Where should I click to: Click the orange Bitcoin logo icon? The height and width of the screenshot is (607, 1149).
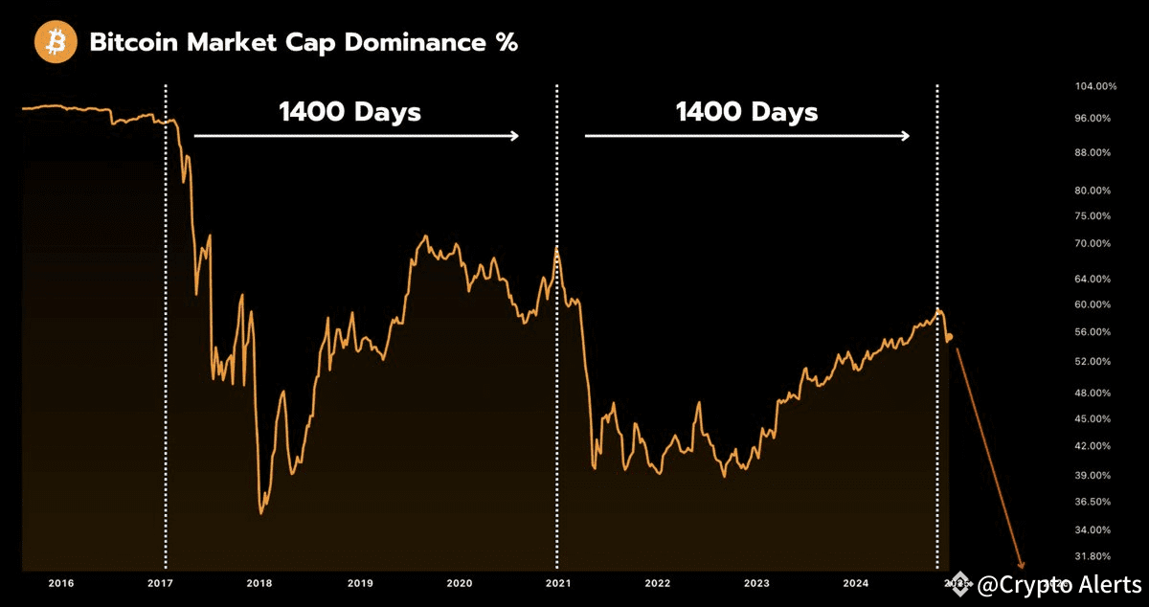(x=56, y=43)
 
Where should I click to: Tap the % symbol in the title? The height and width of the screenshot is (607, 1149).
(x=507, y=43)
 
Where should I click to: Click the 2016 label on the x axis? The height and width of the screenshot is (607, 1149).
(x=60, y=583)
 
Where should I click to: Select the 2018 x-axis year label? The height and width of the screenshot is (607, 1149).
(x=259, y=583)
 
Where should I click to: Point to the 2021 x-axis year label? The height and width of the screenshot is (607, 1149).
(x=556, y=583)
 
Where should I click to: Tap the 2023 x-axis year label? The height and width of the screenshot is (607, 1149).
(x=756, y=583)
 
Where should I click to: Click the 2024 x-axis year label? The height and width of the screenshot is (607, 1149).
(x=856, y=583)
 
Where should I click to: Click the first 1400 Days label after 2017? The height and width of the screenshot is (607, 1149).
(x=349, y=112)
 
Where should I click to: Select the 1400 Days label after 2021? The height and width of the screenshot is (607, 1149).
(x=747, y=112)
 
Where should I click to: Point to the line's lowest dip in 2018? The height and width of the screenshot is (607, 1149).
(x=261, y=513)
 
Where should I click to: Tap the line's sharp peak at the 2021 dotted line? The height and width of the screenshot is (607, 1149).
(x=557, y=248)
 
